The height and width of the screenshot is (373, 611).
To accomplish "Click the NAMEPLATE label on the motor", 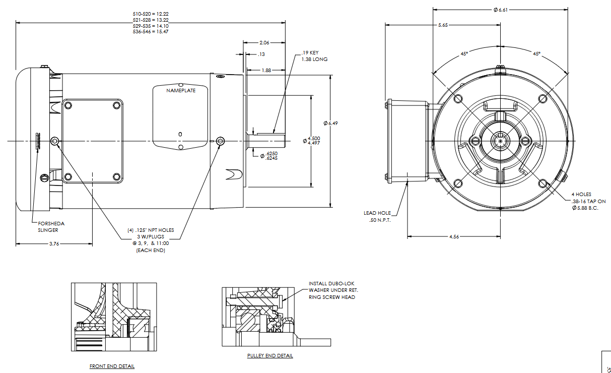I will pos(181,91).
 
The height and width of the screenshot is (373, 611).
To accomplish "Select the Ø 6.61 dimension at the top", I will pos(501,10).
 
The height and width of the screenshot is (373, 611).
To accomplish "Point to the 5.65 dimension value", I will pos(443,25).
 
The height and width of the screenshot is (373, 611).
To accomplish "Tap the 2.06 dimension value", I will pos(264,43).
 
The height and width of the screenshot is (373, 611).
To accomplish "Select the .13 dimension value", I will pos(261,54).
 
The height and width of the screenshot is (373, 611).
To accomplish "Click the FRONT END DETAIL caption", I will pos(112,366).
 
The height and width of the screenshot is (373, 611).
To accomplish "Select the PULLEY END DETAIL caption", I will pos(270,356).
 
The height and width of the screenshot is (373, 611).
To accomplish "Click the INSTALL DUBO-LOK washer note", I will pos(332,290).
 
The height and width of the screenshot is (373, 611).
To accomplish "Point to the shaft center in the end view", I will pos(500,139).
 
